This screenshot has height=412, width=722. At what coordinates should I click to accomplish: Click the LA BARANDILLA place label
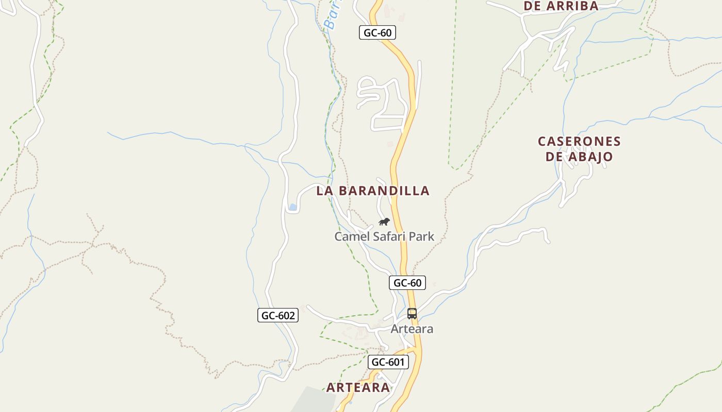click(373, 191)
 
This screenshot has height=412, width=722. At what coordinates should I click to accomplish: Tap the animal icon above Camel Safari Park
click(384, 222)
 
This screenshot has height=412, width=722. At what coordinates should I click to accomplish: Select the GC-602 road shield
click(278, 316)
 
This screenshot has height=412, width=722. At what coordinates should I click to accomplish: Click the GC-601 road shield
click(388, 362)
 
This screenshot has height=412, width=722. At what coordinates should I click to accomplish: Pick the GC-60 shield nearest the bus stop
click(407, 283)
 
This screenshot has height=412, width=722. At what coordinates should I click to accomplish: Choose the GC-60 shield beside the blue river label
click(378, 33)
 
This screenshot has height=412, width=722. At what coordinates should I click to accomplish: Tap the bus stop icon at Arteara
click(412, 313)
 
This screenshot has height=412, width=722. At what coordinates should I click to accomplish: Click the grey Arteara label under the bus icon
click(412, 329)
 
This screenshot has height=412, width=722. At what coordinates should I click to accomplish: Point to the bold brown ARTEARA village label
click(358, 388)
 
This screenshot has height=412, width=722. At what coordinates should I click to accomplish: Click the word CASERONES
click(579, 142)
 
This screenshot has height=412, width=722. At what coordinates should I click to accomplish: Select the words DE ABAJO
click(579, 157)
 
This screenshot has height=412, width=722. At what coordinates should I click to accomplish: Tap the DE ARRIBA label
click(561, 6)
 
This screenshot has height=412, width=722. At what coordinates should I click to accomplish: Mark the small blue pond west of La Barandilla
click(293, 207)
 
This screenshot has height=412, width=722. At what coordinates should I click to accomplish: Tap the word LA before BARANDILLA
click(323, 191)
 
